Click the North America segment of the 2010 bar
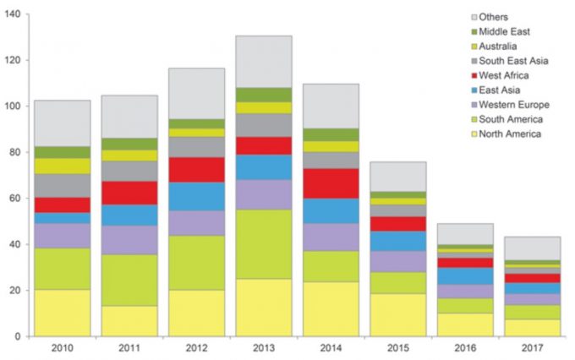[62, 313]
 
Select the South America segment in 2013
[264, 244]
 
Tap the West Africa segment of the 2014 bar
[331, 183]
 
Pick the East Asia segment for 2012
[196, 196]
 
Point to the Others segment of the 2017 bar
[533, 248]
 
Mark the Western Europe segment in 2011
[129, 240]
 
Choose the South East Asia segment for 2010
[62, 186]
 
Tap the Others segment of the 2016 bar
[465, 234]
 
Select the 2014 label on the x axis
[331, 347]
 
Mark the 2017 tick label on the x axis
[533, 347]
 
